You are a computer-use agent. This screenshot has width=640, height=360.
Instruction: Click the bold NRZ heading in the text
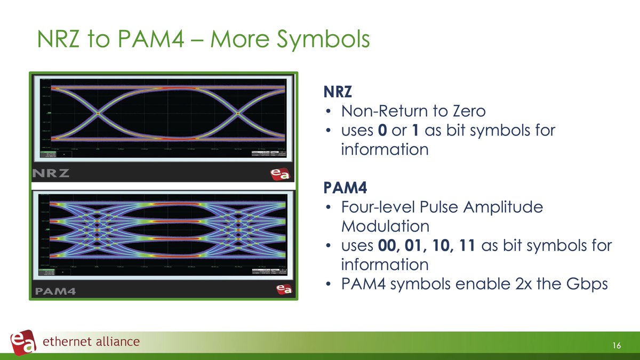click(x=338, y=92)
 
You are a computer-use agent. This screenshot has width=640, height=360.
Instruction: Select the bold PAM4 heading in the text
click(x=342, y=188)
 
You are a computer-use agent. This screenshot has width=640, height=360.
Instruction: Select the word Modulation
click(x=385, y=226)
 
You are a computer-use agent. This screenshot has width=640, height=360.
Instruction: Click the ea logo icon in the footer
click(x=23, y=342)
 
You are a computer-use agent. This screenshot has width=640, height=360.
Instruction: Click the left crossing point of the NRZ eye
click(x=98, y=113)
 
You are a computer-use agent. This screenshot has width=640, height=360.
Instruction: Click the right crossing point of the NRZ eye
click(x=238, y=113)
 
